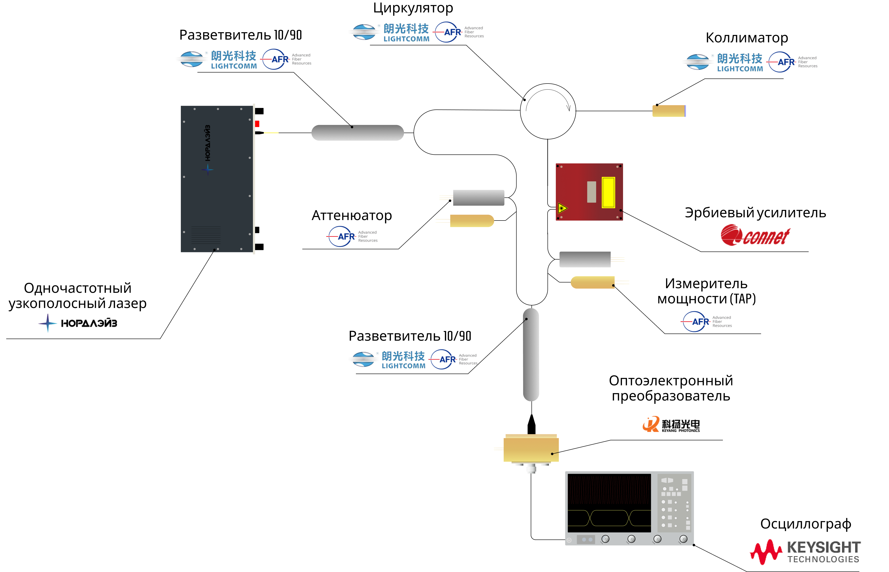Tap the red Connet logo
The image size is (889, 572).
tap(755, 235)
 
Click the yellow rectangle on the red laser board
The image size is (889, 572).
tap(608, 192)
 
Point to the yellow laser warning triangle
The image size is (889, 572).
tap(562, 208)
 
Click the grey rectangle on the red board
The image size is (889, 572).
tap(591, 192)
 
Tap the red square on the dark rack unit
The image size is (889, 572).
tap(257, 124)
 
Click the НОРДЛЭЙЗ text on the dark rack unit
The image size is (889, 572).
tap(208, 143)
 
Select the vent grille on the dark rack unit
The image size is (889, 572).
tap(206, 235)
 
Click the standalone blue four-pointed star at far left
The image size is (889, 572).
tap(48, 323)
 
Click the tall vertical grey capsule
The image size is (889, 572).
tap(531, 355)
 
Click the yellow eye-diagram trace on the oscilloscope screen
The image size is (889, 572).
tap(609, 518)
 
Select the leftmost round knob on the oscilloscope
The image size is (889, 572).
tap(605, 539)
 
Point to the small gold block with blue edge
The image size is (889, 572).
tap(669, 111)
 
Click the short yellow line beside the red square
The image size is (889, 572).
tap(271, 133)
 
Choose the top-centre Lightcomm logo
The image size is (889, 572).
tap(388, 32)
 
